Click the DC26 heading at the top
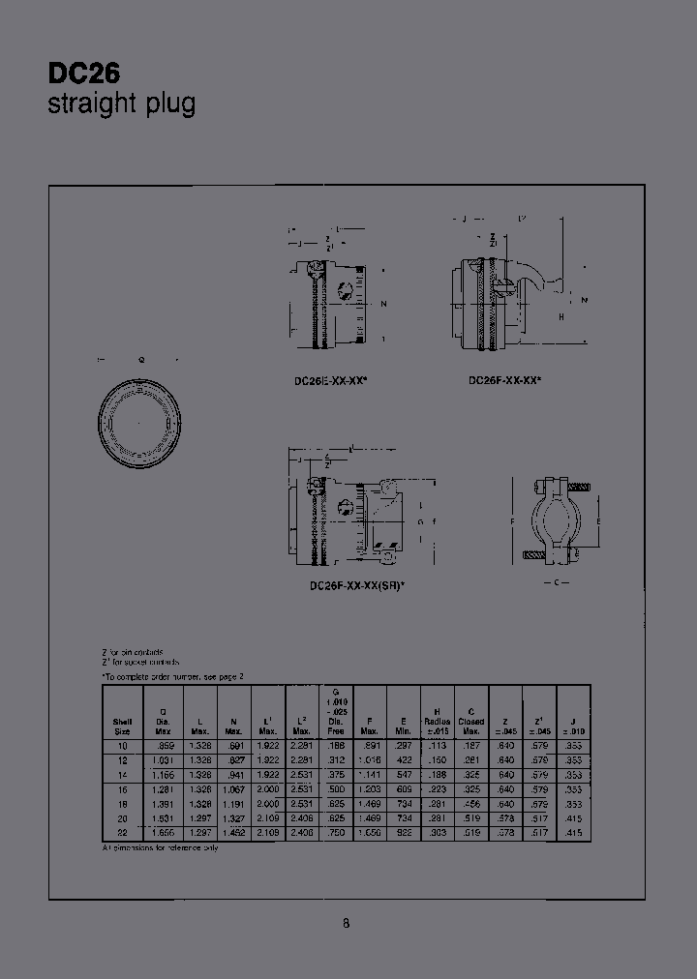pyautogui.click(x=84, y=74)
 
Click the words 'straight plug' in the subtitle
pyautogui.click(x=121, y=104)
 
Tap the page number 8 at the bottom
pyautogui.click(x=346, y=923)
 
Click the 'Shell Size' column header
pyautogui.click(x=122, y=725)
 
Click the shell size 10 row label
pyautogui.click(x=122, y=746)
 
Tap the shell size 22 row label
pyautogui.click(x=122, y=832)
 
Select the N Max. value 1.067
pyautogui.click(x=233, y=789)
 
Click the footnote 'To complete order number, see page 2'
pyautogui.click(x=173, y=677)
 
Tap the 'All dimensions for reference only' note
pyautogui.click(x=161, y=847)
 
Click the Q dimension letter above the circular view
pyautogui.click(x=141, y=359)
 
